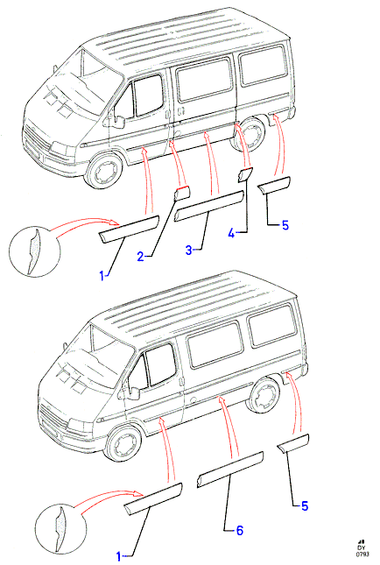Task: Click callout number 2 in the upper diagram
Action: coord(140,256)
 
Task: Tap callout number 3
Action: coord(189,250)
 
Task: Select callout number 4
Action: coord(231,234)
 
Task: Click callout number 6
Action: coord(240,531)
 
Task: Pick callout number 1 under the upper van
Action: coord(102,277)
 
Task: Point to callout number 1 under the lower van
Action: coord(119,556)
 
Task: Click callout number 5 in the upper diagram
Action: coord(285,226)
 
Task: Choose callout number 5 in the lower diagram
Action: coord(305,506)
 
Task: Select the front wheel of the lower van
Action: coord(124,444)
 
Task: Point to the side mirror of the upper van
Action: coord(117,121)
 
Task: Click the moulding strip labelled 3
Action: coord(209,206)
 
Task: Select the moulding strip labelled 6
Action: coord(230,470)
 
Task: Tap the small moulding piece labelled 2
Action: coord(182,193)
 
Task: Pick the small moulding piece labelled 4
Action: coord(245,173)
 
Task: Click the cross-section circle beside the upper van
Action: coord(34,251)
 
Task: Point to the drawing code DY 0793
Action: coord(362,551)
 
